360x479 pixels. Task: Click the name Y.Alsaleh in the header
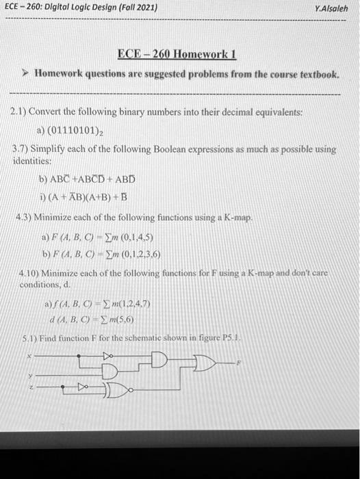tap(331, 9)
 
